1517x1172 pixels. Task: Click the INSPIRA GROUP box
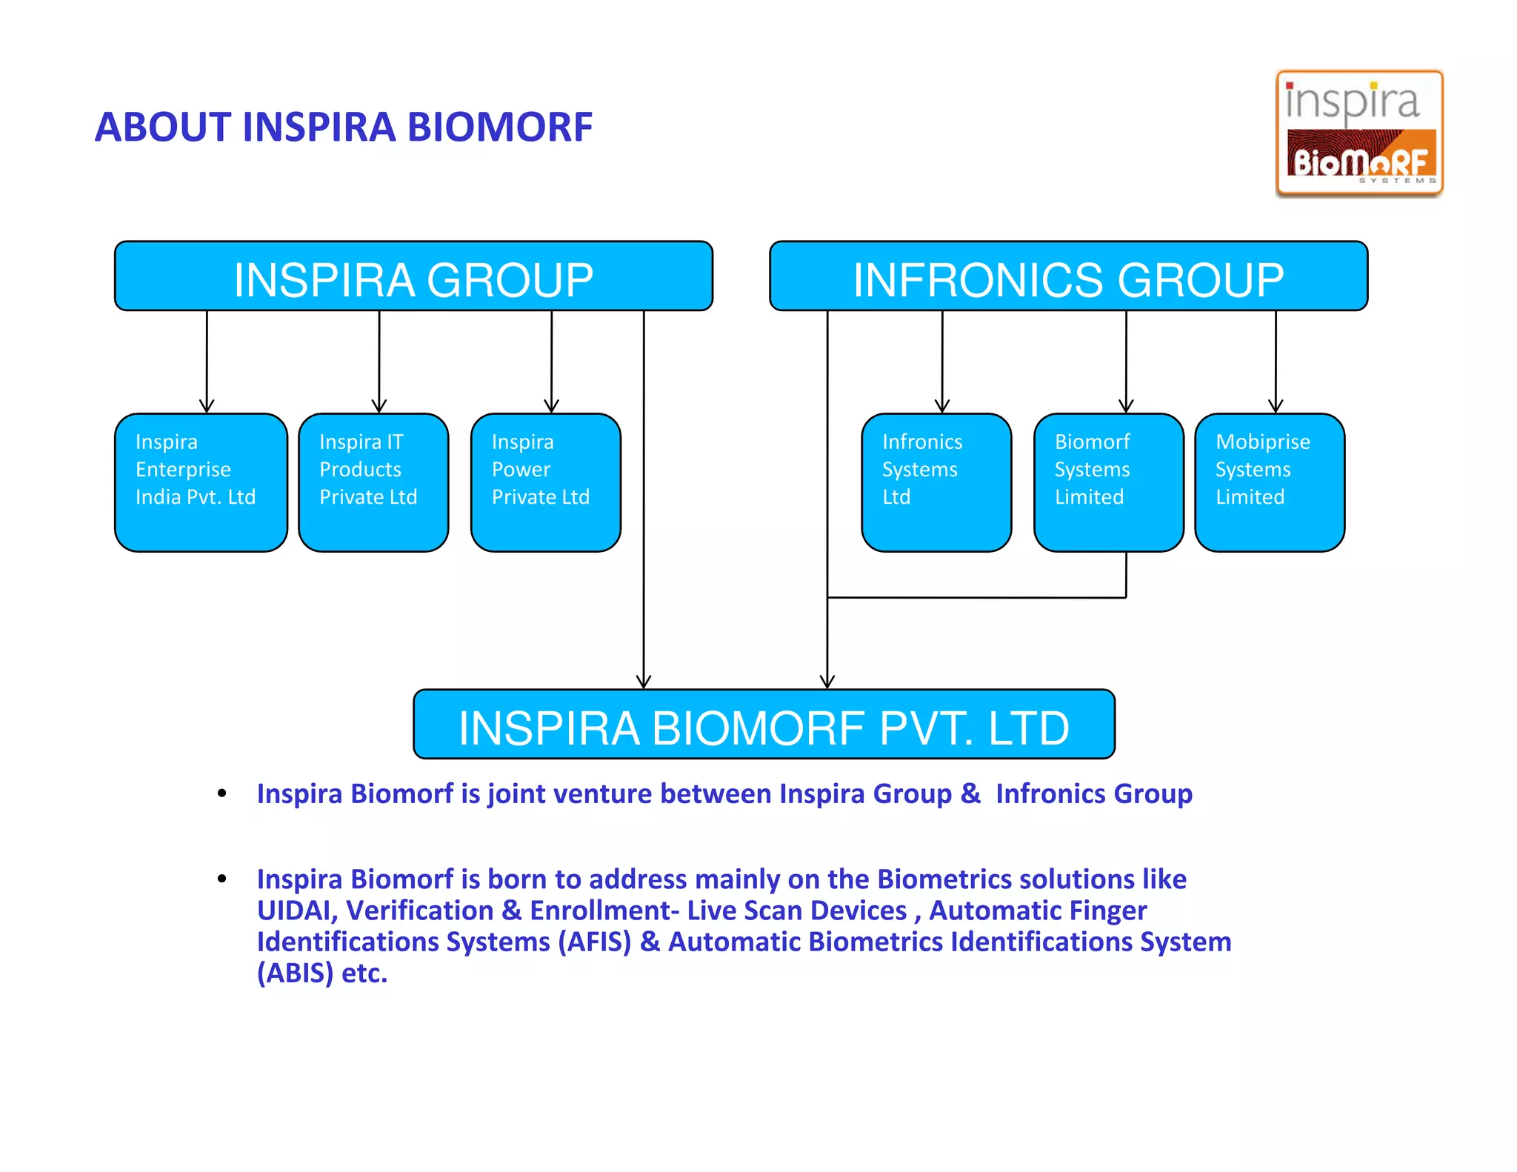click(x=413, y=276)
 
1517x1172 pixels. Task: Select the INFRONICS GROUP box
click(x=1068, y=276)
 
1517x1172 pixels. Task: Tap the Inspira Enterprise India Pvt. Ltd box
click(x=201, y=482)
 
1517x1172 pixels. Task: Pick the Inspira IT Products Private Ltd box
click(x=373, y=482)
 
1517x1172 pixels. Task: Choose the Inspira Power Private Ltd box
click(x=546, y=482)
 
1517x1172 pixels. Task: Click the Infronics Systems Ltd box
click(x=936, y=482)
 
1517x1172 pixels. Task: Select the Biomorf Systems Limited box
click(x=1108, y=482)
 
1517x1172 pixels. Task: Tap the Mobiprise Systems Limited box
click(x=1270, y=482)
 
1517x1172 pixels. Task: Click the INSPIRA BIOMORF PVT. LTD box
click(x=764, y=725)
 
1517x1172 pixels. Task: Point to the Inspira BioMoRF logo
click(x=1359, y=134)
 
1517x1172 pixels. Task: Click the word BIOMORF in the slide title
click(x=500, y=127)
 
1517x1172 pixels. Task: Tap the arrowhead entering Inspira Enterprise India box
click(x=207, y=406)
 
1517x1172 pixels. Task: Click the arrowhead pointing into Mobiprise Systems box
click(x=1276, y=406)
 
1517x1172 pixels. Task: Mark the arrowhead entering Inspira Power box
click(x=551, y=406)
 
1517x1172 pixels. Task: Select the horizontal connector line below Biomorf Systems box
click(x=976, y=597)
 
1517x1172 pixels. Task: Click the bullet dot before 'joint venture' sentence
click(x=221, y=794)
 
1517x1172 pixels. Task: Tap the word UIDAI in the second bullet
click(x=296, y=910)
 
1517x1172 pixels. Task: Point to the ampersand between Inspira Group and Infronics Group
click(x=970, y=794)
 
